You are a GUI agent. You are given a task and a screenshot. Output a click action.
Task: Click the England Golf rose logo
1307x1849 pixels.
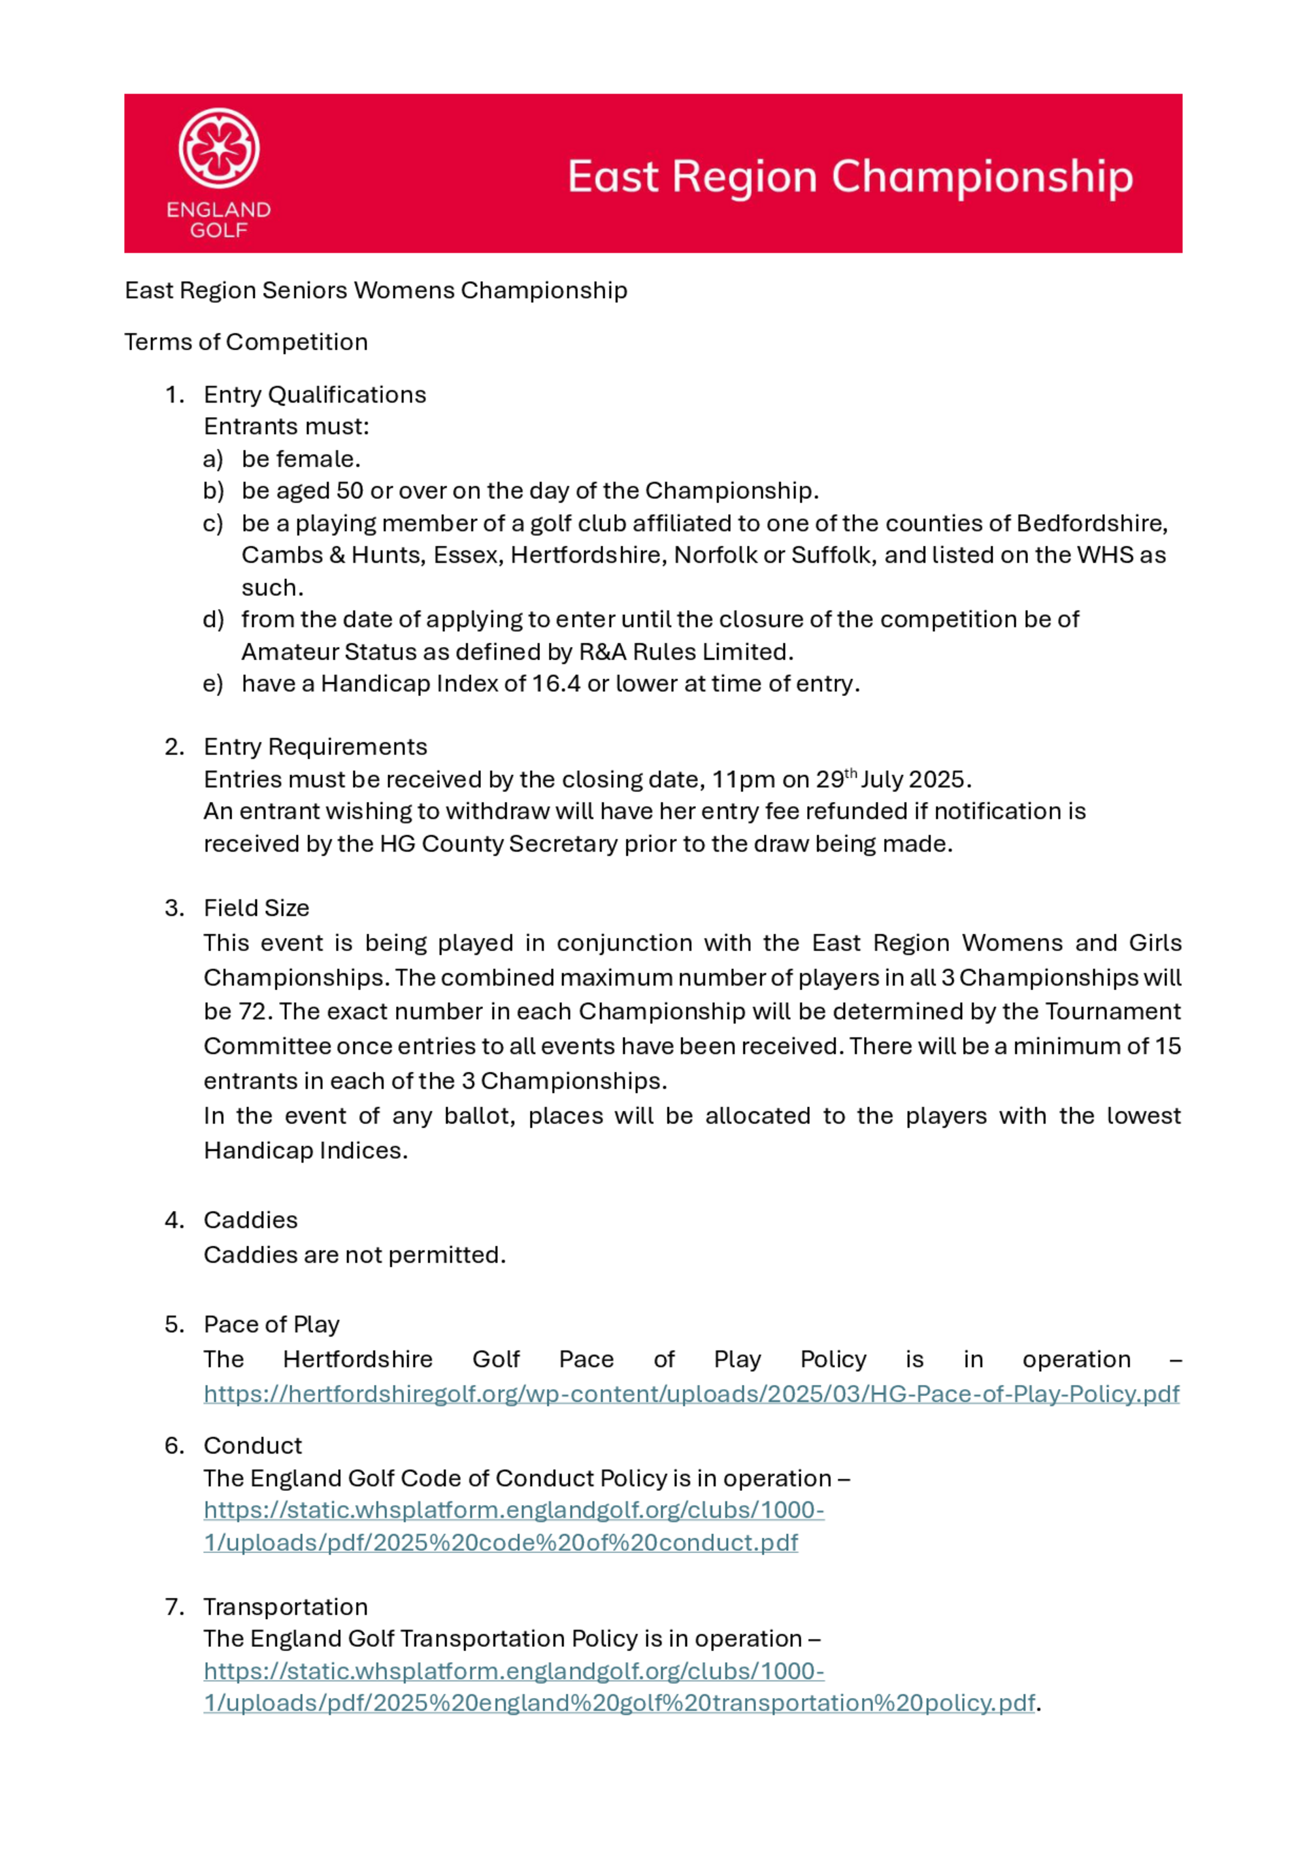[218, 149]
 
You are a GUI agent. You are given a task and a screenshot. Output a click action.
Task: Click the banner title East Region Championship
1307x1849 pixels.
[850, 176]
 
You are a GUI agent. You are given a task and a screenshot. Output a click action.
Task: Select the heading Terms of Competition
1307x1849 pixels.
[246, 342]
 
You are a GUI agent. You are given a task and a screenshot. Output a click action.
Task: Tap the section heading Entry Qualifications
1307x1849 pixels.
[315, 395]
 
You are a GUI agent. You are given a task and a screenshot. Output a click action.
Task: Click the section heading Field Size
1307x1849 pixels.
[256, 908]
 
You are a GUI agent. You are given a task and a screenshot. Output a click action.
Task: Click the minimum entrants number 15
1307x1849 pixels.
[1168, 1046]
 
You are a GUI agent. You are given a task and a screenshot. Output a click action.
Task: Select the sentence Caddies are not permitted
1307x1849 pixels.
[354, 1255]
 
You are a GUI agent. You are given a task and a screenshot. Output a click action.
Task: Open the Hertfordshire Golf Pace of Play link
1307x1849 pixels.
[691, 1394]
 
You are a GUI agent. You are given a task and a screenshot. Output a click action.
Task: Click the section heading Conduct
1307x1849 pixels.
[253, 1446]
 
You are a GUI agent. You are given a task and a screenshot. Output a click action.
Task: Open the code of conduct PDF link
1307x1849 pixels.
[501, 1542]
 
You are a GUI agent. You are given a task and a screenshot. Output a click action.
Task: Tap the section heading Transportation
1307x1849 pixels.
[286, 1607]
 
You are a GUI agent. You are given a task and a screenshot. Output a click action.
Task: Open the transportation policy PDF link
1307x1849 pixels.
[618, 1703]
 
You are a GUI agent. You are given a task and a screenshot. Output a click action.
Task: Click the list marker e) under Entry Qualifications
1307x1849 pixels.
[212, 684]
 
